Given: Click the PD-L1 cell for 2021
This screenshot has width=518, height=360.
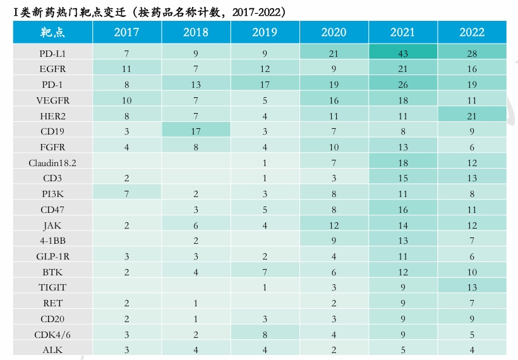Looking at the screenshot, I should pyautogui.click(x=402, y=54).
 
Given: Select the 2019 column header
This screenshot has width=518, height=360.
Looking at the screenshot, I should pyautogui.click(x=265, y=32).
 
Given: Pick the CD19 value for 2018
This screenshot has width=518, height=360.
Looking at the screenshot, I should pyautogui.click(x=196, y=132).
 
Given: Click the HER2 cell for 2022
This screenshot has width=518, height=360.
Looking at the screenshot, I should pyautogui.click(x=472, y=116).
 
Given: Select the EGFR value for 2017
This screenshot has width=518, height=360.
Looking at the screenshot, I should pyautogui.click(x=127, y=69).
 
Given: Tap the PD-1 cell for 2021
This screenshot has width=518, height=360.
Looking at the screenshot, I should pyautogui.click(x=402, y=85).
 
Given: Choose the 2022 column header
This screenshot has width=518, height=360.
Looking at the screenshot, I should pyautogui.click(x=472, y=32).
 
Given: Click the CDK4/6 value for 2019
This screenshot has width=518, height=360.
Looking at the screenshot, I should pyautogui.click(x=265, y=334).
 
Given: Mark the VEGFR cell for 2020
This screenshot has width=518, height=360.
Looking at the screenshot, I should pyautogui.click(x=334, y=101).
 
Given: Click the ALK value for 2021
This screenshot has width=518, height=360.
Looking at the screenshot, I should pyautogui.click(x=402, y=350).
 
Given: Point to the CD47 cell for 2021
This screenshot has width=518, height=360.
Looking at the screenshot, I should pyautogui.click(x=402, y=210).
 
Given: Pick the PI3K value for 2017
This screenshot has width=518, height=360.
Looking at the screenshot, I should pyautogui.click(x=127, y=194).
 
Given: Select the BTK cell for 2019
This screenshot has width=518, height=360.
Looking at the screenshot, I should pyautogui.click(x=265, y=272).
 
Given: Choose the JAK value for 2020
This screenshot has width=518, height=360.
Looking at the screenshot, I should pyautogui.click(x=334, y=225).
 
